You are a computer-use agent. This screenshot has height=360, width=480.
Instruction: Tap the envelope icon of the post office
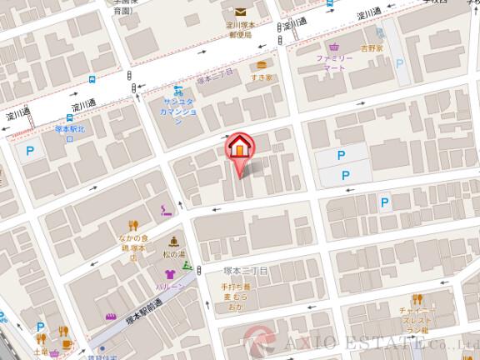240,12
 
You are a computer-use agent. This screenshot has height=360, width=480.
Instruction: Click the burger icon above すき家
262,64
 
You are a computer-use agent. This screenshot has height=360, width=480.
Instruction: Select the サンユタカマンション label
177,110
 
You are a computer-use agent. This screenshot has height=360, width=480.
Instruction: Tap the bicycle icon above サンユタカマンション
177,90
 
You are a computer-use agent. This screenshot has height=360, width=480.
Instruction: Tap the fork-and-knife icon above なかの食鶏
132,225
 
